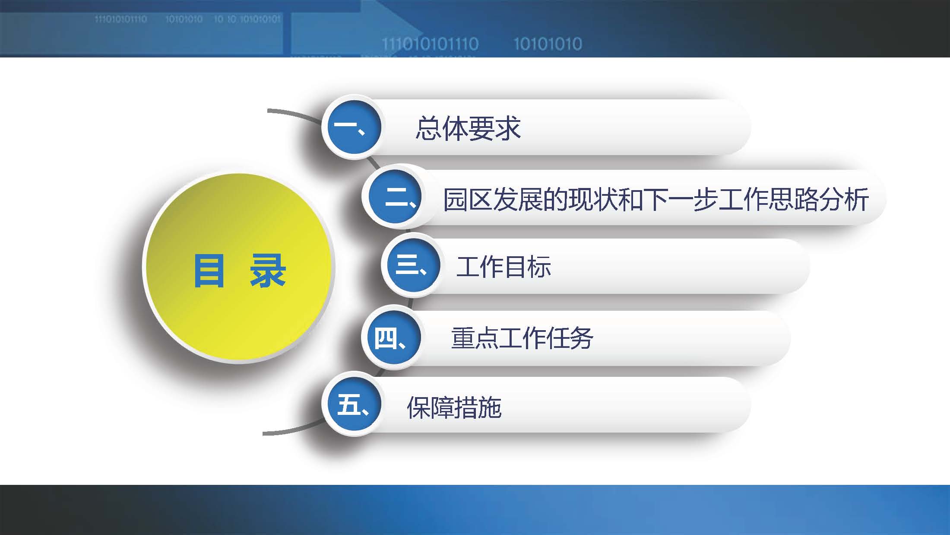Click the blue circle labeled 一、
click(x=353, y=127)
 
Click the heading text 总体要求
click(x=468, y=128)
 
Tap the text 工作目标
click(x=503, y=267)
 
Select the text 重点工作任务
click(x=522, y=338)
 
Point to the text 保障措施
click(x=454, y=407)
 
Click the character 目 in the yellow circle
click(x=209, y=271)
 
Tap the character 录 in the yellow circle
click(x=268, y=271)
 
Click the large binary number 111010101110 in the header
click(x=430, y=44)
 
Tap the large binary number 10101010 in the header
click(x=548, y=44)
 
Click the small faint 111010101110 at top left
click(x=120, y=19)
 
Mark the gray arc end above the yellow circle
click(x=269, y=111)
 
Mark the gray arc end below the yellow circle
click(x=265, y=433)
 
